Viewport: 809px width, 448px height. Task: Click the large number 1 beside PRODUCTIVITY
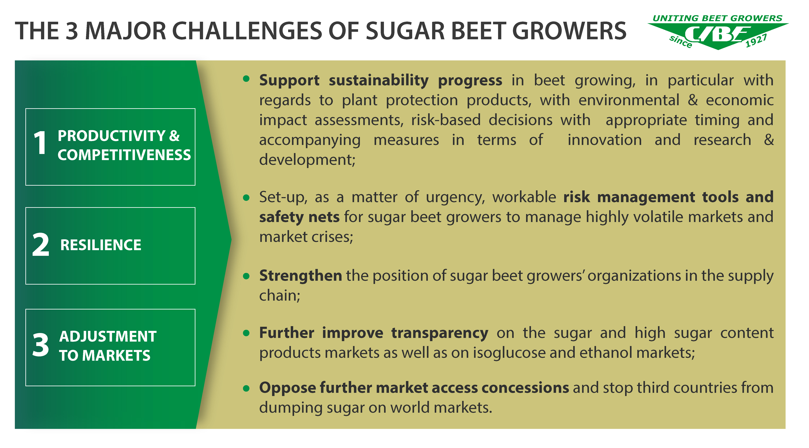[x=40, y=143]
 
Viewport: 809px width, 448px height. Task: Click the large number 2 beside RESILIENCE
[x=41, y=245]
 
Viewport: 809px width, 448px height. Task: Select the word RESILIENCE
[x=101, y=245]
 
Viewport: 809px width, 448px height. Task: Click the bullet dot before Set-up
[x=246, y=198]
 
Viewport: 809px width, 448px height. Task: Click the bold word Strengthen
[x=301, y=276]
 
